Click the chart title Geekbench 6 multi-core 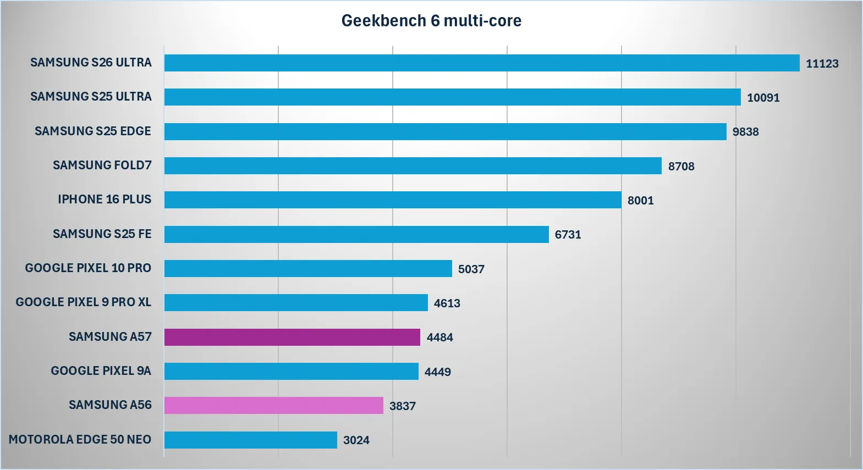coord(431,21)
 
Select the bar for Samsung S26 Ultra coord(481,63)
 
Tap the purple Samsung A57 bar coord(292,337)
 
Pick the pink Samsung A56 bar coord(273,406)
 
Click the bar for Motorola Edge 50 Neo coord(250,440)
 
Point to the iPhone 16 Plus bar coord(393,200)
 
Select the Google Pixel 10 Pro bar coord(308,268)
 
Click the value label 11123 coord(822,64)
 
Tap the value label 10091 coord(763,98)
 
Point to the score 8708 coord(681,167)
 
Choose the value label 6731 coord(568,235)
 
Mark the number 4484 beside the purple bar coord(439,338)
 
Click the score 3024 coord(356,440)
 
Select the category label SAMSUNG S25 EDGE coord(93,131)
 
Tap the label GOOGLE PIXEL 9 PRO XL coord(83,302)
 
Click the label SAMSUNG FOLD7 coord(102,165)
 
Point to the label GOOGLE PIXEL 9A coord(101,371)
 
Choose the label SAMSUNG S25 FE coord(102,234)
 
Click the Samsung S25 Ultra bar coord(452,97)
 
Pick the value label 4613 coord(447,303)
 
